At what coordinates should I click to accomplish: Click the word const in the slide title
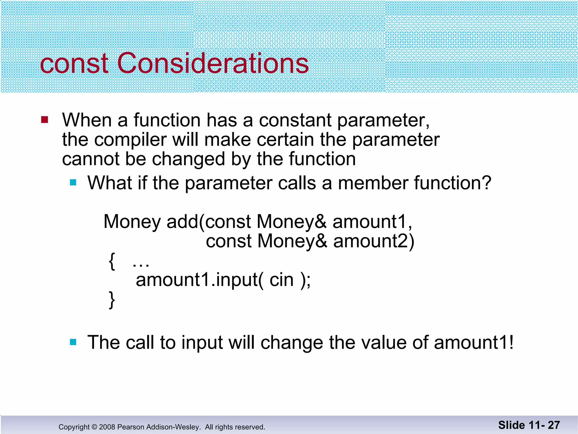74,64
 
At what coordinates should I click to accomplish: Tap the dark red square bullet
45,120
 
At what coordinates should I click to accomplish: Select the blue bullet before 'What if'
73,183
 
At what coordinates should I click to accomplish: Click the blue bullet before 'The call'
73,342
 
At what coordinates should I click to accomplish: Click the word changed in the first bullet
188,159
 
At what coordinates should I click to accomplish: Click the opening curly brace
112,262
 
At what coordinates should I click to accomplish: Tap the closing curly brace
112,300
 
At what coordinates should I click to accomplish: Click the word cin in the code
281,280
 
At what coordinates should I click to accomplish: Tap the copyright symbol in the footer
94,427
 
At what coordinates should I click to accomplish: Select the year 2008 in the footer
107,427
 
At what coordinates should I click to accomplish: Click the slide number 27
553,425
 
